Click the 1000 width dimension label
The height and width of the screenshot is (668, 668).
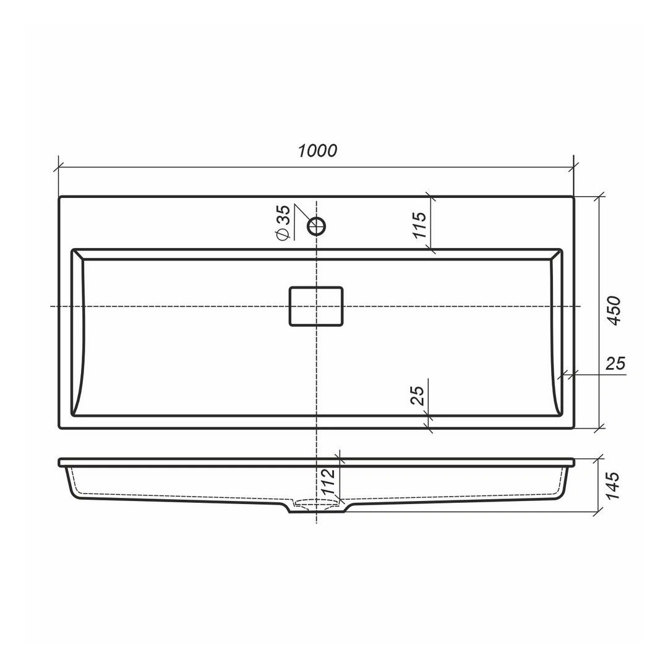tap(317, 151)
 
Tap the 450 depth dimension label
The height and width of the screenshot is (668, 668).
tap(614, 310)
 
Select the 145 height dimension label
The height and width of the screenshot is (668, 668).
tap(612, 486)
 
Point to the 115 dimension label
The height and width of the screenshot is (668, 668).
tap(419, 225)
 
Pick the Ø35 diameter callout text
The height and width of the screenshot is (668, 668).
tap(283, 223)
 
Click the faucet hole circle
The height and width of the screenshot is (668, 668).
tap(317, 226)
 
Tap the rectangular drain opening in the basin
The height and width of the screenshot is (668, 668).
tap(316, 306)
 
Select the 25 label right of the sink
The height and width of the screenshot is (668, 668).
tap(615, 364)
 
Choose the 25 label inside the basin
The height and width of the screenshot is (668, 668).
tap(417, 395)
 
